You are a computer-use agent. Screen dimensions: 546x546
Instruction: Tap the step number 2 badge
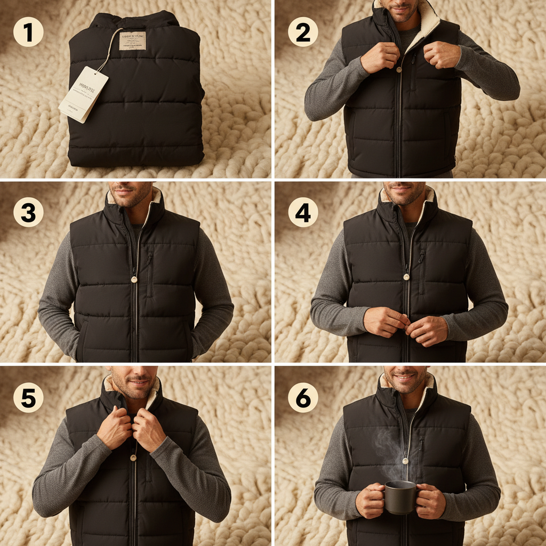pos(302,33)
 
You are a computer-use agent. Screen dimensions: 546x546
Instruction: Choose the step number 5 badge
pos(28,398)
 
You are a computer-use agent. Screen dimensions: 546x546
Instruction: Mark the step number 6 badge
pos(302,398)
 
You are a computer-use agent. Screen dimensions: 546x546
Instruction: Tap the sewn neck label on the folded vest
pos(132,39)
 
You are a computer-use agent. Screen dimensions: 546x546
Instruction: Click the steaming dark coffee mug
pos(399,496)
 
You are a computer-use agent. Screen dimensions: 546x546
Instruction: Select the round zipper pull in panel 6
pos(406,460)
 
